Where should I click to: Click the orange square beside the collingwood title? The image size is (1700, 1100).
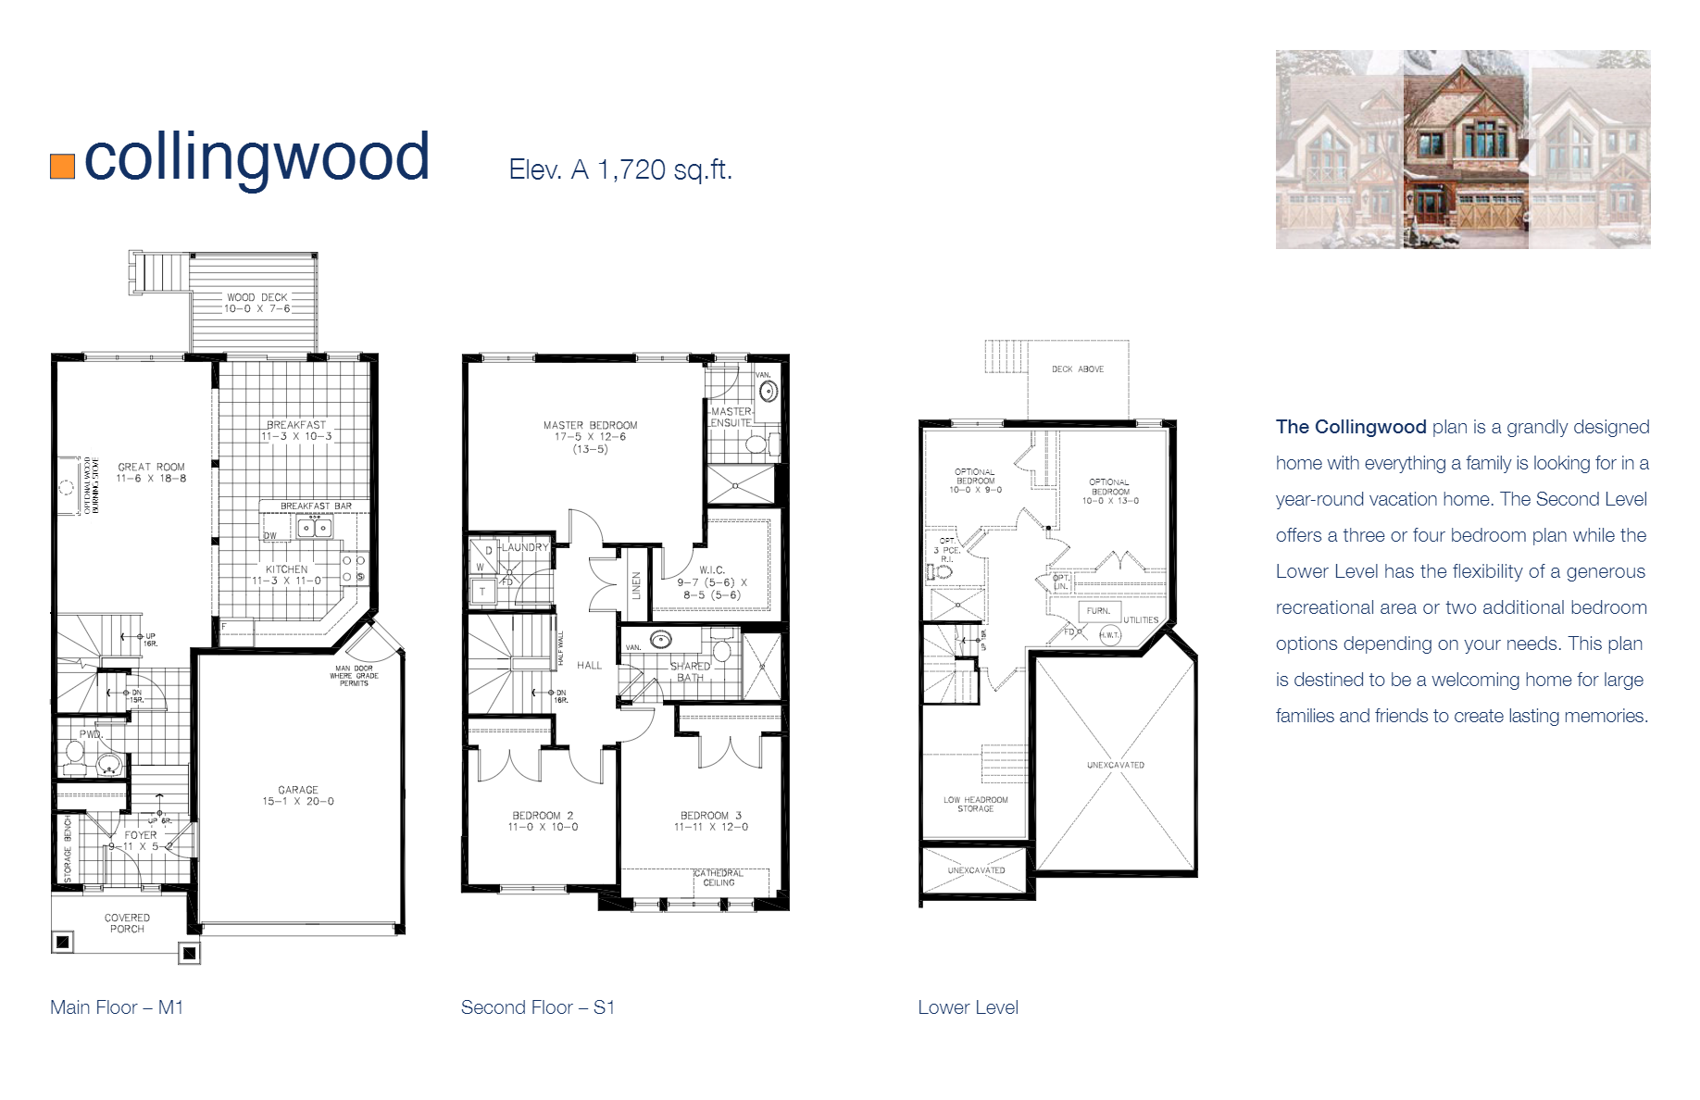click(62, 166)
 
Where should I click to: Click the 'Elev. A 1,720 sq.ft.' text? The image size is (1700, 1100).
click(619, 169)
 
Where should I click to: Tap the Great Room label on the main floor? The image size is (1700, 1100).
click(151, 467)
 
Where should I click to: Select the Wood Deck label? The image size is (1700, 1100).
click(256, 297)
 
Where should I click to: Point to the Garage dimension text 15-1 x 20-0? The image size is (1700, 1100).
click(297, 801)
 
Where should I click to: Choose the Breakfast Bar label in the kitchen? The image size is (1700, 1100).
click(316, 506)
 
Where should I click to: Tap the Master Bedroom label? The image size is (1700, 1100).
click(590, 425)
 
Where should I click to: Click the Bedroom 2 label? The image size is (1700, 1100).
click(543, 816)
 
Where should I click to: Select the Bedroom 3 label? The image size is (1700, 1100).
click(710, 816)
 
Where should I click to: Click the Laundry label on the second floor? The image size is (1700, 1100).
click(525, 547)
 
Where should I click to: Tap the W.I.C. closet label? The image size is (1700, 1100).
click(711, 570)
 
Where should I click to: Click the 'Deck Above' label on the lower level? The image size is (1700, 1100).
click(1077, 369)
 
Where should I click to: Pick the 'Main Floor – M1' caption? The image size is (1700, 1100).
click(117, 1007)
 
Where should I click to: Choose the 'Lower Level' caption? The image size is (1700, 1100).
click(968, 1007)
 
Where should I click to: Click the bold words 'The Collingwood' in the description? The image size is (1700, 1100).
click(1350, 427)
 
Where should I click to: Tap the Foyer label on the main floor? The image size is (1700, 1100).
click(141, 834)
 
